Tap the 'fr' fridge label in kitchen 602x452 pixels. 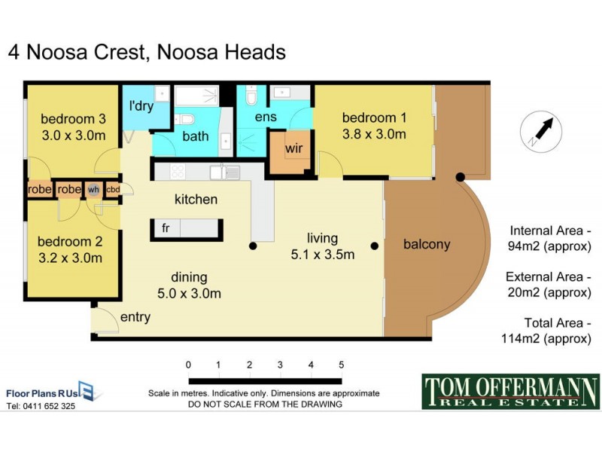coord(166,228)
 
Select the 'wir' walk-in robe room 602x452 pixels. coord(293,148)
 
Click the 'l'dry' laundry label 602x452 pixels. coord(141,106)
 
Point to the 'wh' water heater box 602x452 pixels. coord(93,190)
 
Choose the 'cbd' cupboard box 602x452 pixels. coord(113,190)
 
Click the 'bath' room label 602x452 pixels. coord(195,136)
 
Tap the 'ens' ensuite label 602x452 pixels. coord(266,118)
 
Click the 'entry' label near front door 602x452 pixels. coord(135,317)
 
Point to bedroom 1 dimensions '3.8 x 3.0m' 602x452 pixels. coord(374,135)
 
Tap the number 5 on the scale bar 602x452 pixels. coord(342,365)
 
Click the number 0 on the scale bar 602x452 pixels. coord(187,365)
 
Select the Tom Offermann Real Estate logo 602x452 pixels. coord(510,392)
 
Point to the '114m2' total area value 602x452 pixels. coord(520,339)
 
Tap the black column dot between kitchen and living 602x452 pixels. coord(254,246)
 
